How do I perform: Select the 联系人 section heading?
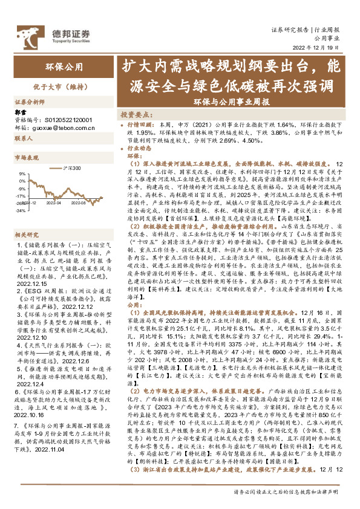23,138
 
